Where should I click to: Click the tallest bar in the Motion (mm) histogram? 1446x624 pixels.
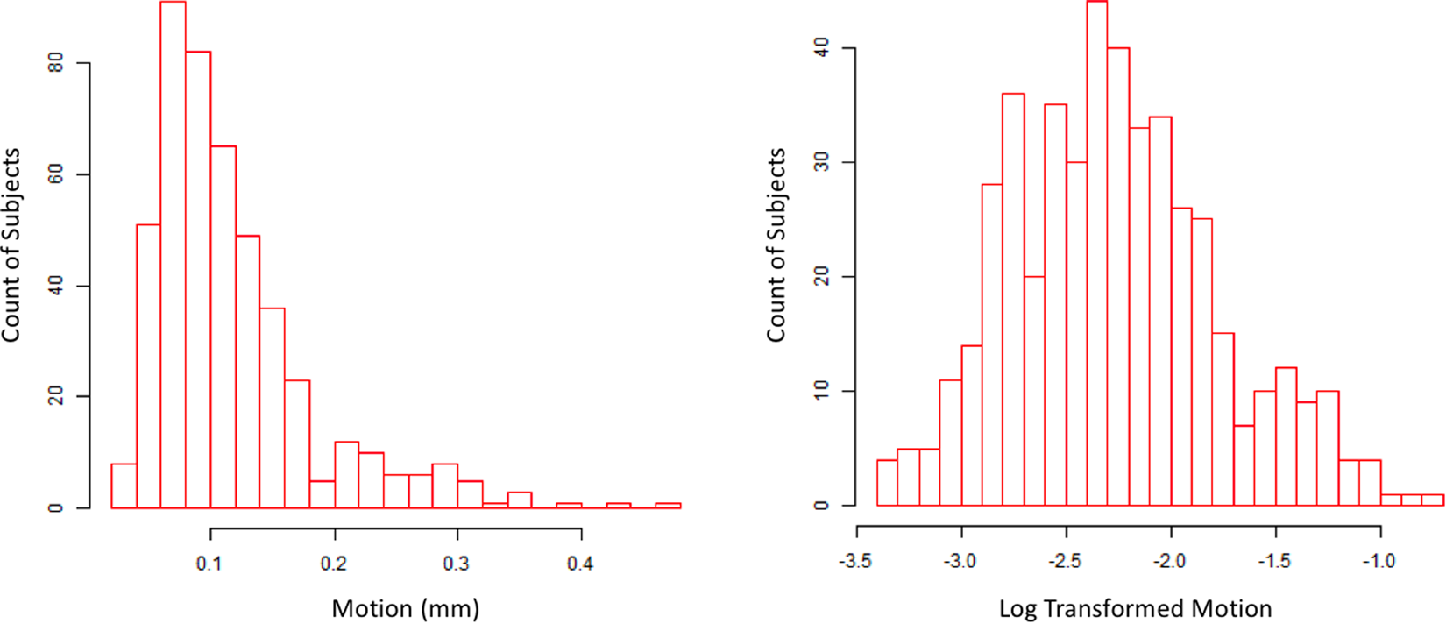coord(173,254)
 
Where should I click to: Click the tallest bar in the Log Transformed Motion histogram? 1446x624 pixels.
coord(1096,254)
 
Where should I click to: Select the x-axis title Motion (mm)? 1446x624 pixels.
coord(405,608)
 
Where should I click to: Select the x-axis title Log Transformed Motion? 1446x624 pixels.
coord(1135,608)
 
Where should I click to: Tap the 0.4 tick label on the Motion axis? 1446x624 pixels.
coord(580,564)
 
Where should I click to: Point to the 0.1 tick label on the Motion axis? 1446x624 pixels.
coord(209,564)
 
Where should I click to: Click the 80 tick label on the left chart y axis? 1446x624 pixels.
coord(56,63)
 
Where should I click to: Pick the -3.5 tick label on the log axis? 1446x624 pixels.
coord(855,561)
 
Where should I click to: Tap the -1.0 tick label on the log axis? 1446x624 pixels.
coord(1379,561)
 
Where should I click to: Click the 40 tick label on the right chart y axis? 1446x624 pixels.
coord(822,48)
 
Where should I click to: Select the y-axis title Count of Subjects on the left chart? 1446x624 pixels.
coord(11,245)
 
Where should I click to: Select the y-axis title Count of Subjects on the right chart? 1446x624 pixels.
coord(776,245)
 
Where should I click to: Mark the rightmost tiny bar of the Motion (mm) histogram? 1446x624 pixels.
coord(668,506)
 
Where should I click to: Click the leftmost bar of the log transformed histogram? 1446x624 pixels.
coord(887,483)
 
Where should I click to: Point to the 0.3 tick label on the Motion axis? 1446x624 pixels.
coord(457,564)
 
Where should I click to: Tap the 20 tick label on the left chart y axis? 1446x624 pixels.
coord(56,396)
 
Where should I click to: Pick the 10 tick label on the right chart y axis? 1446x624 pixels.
coord(822,391)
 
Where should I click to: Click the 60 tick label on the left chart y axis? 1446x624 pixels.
coord(56,174)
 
